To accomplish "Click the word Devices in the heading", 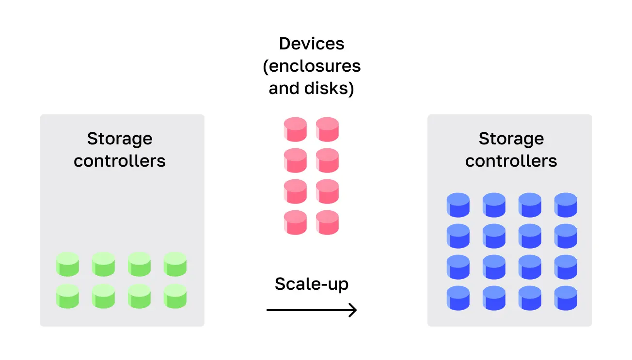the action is (x=312, y=44).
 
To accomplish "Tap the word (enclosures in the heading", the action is (x=312, y=66).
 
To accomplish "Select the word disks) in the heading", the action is (x=329, y=89).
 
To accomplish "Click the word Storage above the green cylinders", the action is (x=120, y=139).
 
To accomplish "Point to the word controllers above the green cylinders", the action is (x=120, y=161).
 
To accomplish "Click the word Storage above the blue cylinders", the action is (x=511, y=139).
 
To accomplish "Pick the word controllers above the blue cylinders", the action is (x=511, y=161).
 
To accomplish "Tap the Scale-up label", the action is (x=312, y=284).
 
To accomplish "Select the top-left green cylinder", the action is (x=67, y=265).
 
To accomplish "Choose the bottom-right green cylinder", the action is (x=175, y=296).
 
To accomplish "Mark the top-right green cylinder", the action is (x=175, y=265).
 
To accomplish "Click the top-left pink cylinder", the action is (x=296, y=129).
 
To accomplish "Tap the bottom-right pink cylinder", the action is (x=327, y=222).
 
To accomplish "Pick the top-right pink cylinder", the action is (x=327, y=129).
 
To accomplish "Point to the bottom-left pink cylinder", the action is (x=296, y=222).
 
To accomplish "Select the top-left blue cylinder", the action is (x=458, y=205).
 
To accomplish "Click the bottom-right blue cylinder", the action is (x=566, y=298).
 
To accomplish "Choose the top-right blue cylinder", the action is (x=566, y=205).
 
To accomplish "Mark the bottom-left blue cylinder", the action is (x=458, y=298).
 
